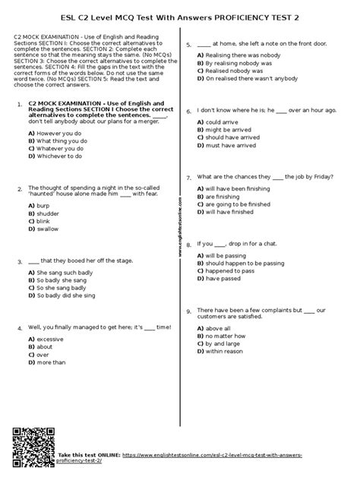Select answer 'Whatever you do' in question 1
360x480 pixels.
tap(57, 149)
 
